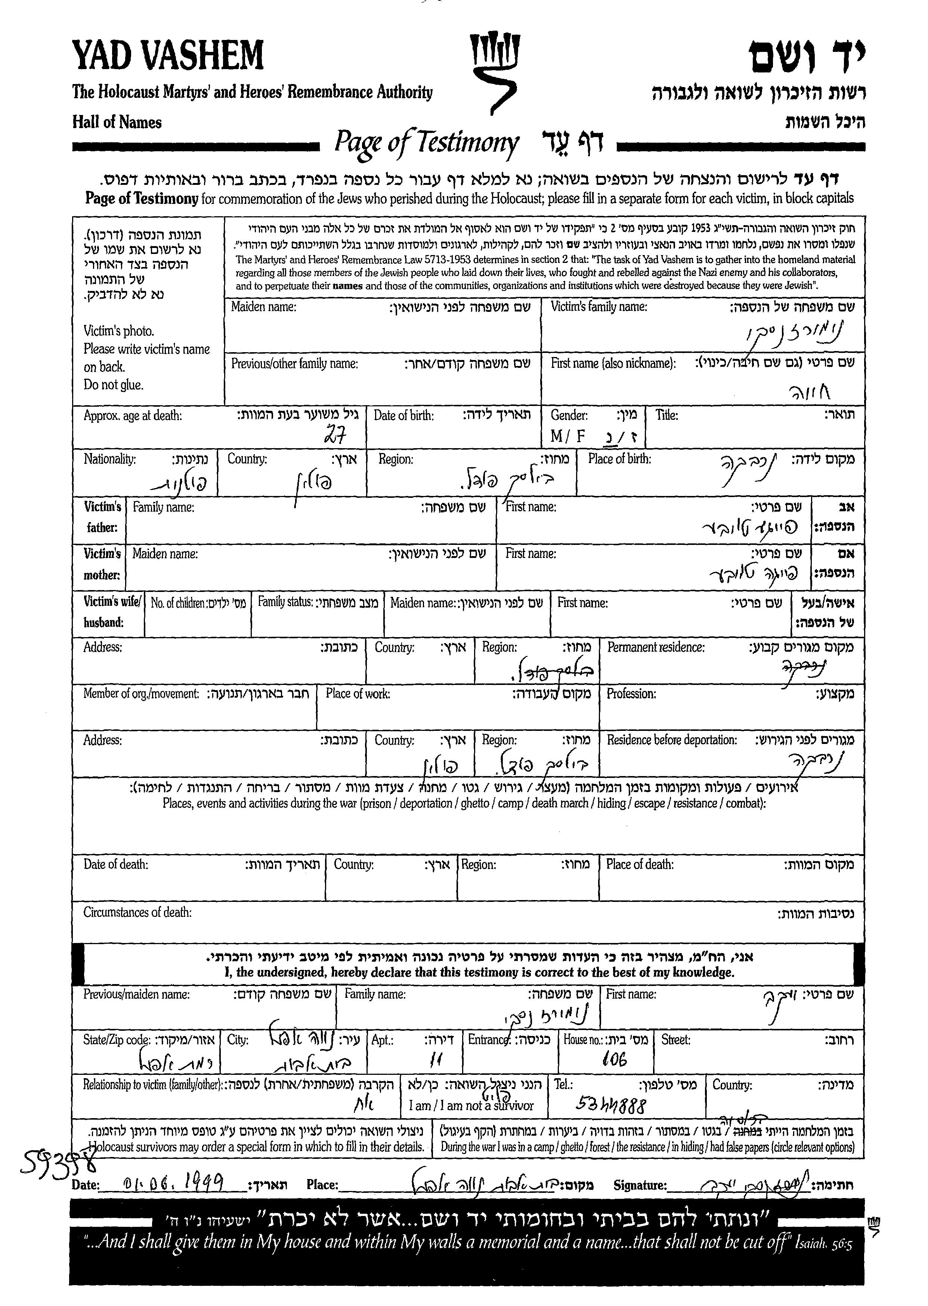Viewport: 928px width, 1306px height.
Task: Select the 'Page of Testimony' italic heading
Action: (426, 143)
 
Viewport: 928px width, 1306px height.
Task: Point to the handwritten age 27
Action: (336, 437)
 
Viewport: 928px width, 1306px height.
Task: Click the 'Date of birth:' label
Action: (403, 415)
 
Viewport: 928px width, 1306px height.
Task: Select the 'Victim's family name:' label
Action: (598, 307)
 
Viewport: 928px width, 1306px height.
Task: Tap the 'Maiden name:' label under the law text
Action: (263, 307)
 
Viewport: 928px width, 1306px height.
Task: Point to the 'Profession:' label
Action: (631, 694)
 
